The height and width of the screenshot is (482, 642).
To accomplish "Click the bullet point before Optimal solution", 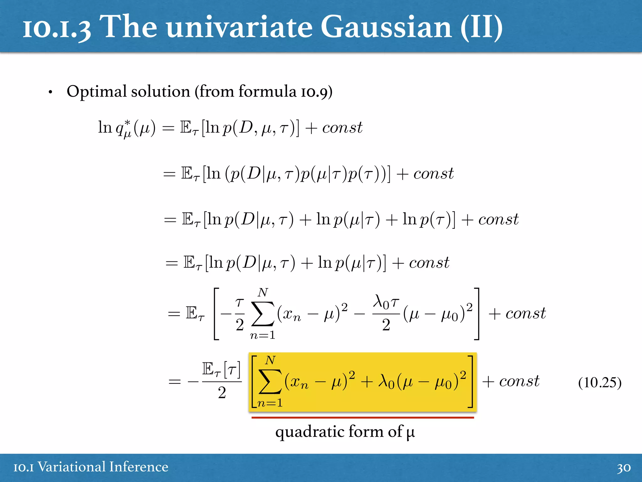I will (x=50, y=92).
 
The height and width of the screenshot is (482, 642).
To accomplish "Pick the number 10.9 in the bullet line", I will (x=314, y=92).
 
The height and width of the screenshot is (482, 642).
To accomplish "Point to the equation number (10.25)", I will (x=599, y=383).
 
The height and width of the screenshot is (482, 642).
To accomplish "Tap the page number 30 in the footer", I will (x=624, y=468).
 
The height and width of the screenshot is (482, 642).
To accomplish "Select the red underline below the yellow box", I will (x=362, y=418).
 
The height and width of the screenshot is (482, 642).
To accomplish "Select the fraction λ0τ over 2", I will (x=386, y=314).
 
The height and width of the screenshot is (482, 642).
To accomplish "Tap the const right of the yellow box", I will (x=519, y=381).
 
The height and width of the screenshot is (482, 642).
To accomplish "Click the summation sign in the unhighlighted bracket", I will (x=263, y=314).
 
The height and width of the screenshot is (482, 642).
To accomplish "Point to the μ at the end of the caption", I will (x=410, y=433).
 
